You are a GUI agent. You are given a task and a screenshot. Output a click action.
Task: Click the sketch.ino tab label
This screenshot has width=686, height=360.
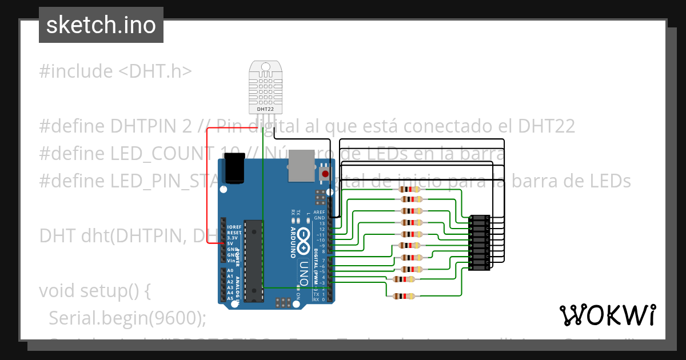click(101, 25)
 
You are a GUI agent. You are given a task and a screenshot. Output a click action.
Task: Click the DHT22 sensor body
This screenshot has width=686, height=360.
click(265, 87)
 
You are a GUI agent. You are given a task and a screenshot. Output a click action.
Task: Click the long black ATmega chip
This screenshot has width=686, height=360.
click(254, 260)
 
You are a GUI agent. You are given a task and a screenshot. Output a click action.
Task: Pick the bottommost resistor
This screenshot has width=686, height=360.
click(404, 296)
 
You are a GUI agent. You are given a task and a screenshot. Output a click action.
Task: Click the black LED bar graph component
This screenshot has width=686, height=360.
click(479, 242)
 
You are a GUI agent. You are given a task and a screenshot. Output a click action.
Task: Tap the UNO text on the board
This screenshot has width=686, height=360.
click(304, 273)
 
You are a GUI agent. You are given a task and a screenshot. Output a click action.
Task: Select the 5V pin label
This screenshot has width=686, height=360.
click(230, 244)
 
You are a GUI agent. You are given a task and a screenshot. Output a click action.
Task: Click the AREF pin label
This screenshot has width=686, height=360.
click(319, 212)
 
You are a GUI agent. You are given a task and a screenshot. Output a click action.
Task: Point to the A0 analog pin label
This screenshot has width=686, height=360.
click(230, 270)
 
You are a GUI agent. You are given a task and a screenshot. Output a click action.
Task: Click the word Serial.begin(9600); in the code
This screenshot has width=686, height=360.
click(127, 318)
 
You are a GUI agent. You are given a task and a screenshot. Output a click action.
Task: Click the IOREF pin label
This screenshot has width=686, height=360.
click(233, 227)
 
